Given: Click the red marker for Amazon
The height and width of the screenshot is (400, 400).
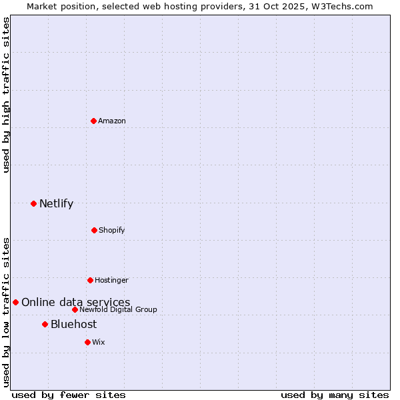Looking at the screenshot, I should coord(93,121).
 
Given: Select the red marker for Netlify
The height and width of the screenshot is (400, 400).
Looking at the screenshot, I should coord(33,203).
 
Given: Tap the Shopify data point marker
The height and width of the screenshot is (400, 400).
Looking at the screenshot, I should coord(94,230).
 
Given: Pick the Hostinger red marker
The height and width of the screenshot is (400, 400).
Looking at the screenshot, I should coord(90,280).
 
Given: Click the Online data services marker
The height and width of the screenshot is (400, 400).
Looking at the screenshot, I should coord(15,302).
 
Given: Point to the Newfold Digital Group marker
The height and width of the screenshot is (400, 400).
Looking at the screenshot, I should coord(75,309).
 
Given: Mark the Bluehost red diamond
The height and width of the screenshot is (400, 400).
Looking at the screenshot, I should coord(45,324).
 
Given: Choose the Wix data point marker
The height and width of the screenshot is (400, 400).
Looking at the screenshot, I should coord(87,342).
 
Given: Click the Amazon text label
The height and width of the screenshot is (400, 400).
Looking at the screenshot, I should coord(112,121).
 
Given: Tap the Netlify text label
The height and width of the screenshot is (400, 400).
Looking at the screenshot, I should coord(56,203).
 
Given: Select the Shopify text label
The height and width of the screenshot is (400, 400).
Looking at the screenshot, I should coord(112,230).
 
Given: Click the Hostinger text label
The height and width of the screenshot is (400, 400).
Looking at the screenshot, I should coord(111,280).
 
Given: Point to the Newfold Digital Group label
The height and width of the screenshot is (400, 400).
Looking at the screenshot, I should coord(118,309).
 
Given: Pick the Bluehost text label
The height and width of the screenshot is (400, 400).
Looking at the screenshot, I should coord(73,324).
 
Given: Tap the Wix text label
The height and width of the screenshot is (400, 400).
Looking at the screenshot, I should coord(99,342).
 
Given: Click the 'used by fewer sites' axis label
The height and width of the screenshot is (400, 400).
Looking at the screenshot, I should coord(69,395).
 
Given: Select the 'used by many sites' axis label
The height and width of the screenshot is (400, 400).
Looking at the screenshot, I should coord(335,395).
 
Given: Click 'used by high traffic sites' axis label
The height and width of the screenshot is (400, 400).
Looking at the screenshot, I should coord(6,95).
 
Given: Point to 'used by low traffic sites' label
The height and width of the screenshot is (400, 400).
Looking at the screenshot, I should coord(6,312).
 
